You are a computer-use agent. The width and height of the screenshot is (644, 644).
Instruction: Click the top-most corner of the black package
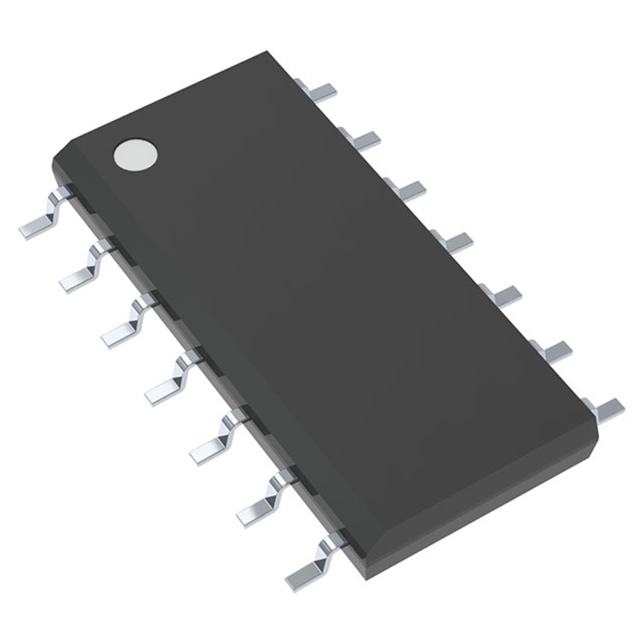click(267, 51)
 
